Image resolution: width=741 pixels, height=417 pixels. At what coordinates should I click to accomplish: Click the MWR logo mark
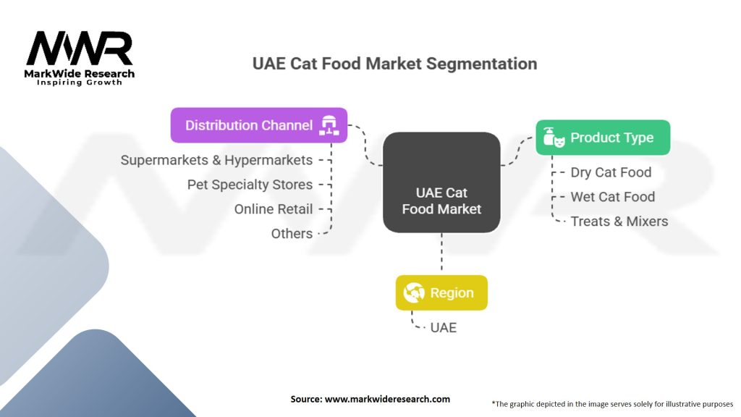[80, 49]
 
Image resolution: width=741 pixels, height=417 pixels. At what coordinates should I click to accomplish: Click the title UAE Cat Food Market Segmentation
[394, 64]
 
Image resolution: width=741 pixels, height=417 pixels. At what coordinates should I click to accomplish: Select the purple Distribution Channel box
[259, 125]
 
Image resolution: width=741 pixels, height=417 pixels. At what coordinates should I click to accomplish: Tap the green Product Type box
[603, 138]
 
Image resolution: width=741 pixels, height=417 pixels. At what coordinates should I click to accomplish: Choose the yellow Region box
[441, 292]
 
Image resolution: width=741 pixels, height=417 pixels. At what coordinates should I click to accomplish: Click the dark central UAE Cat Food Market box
[441, 182]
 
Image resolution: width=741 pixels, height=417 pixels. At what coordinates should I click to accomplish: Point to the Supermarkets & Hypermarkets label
[216, 160]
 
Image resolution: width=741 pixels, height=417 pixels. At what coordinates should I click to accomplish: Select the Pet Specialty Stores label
[250, 185]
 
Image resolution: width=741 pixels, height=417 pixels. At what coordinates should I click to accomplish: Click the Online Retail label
[274, 209]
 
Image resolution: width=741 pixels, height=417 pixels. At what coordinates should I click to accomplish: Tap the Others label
[292, 234]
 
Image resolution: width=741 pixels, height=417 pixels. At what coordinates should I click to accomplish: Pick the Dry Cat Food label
[611, 172]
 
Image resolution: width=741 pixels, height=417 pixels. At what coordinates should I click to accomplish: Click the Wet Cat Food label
[613, 197]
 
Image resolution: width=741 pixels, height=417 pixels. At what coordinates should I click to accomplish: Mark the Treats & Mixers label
[619, 222]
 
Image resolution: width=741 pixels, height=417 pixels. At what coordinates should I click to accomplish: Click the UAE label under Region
[444, 328]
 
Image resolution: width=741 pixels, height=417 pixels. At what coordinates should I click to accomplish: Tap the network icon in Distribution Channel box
[329, 125]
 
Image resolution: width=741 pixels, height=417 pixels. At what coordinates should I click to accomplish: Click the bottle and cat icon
[554, 137]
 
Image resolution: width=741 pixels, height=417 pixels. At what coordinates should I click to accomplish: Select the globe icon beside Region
[413, 292]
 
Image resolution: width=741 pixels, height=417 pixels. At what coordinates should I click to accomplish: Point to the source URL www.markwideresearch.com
[388, 399]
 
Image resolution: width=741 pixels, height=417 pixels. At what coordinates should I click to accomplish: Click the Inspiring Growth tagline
[80, 83]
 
